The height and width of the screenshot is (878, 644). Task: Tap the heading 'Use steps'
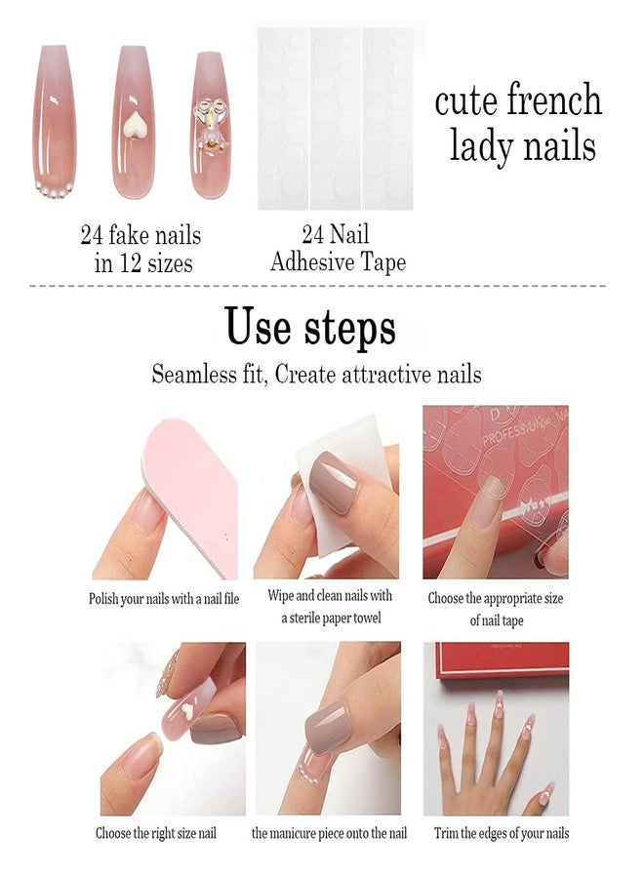click(x=310, y=326)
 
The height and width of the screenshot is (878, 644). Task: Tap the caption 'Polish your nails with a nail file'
click(x=164, y=599)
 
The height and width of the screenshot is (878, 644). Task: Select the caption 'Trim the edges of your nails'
click(x=502, y=833)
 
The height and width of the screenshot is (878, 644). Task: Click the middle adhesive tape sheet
click(x=336, y=119)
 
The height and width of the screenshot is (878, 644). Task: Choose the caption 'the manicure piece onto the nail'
click(x=329, y=833)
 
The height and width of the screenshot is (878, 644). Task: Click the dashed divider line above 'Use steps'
click(x=317, y=286)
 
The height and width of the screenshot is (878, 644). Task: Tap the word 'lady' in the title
click(x=481, y=146)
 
